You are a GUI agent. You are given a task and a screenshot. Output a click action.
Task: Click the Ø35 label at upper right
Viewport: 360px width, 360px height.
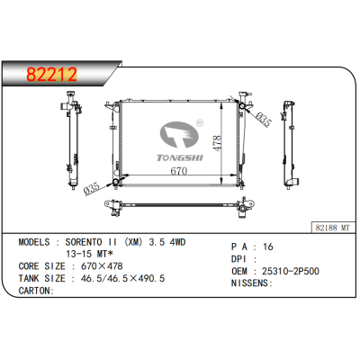click(x=263, y=119)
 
